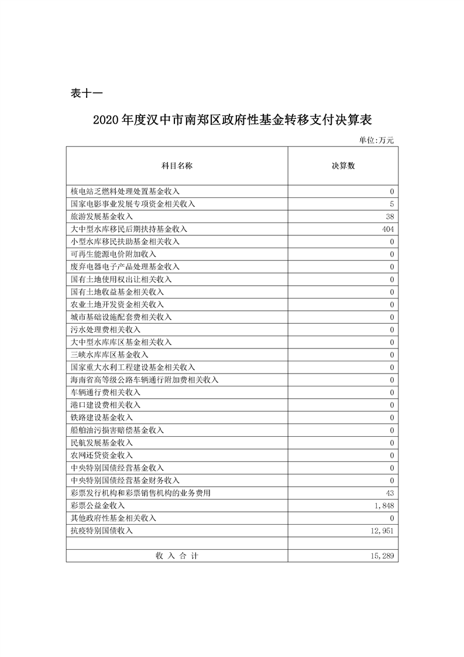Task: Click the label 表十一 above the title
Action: (x=86, y=93)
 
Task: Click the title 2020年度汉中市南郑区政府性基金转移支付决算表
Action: (x=232, y=120)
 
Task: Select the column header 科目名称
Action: (x=177, y=166)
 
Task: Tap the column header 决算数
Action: (x=343, y=166)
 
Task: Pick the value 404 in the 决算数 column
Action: (x=388, y=229)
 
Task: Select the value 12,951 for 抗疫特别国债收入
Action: (x=382, y=531)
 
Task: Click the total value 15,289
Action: (x=382, y=556)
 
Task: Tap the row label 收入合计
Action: (x=177, y=556)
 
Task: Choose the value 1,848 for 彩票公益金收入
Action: (x=384, y=506)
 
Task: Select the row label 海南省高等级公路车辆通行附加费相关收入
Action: (x=144, y=380)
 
